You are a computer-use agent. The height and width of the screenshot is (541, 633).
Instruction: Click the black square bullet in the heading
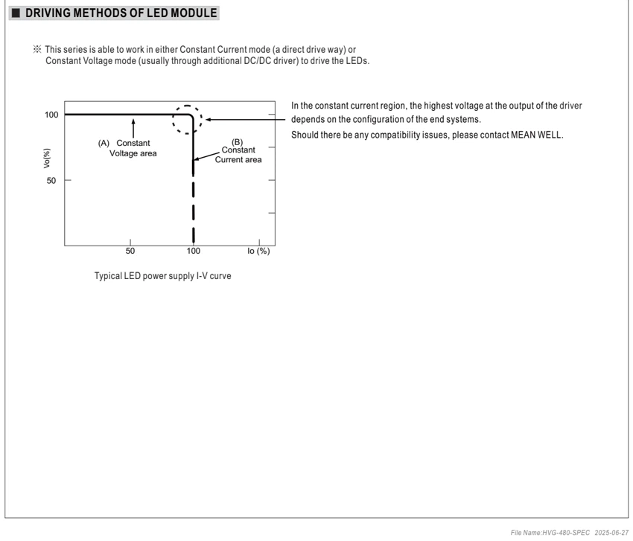point(16,13)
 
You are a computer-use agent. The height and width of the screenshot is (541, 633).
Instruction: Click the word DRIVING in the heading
point(48,13)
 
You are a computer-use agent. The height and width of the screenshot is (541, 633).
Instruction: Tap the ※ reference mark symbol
point(37,49)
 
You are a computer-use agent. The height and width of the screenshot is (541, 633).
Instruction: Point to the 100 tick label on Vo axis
point(51,115)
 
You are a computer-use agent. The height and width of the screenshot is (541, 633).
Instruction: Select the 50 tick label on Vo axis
point(51,180)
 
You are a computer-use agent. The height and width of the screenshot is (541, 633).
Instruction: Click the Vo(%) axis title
point(47,158)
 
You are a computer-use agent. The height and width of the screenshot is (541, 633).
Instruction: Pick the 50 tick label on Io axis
point(130,251)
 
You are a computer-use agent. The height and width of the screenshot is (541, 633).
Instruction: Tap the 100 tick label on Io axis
point(194,251)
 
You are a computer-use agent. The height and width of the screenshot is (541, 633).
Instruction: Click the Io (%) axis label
point(258,251)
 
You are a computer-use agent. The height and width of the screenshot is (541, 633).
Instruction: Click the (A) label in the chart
point(104,143)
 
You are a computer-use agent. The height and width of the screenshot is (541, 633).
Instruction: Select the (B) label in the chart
point(237,142)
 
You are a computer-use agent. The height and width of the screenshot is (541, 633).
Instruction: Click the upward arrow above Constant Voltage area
point(133,128)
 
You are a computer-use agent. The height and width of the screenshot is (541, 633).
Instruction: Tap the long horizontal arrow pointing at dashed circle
point(246,119)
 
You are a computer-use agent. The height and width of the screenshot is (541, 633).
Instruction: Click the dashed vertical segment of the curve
point(194,208)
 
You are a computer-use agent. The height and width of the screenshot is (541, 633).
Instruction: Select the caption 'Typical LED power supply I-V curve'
point(162,276)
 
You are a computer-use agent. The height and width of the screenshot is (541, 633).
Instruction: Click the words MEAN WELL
point(537,135)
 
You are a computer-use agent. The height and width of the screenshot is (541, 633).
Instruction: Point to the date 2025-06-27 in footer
point(611,533)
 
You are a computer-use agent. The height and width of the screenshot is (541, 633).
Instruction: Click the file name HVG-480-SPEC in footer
point(565,533)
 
